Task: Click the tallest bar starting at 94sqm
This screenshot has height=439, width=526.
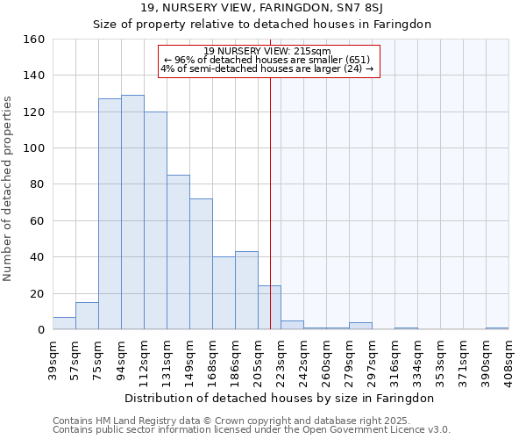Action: (132, 212)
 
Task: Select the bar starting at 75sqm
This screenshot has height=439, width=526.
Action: (110, 214)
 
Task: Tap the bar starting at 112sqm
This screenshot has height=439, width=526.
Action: (155, 220)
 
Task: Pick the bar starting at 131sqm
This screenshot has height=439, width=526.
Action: (178, 252)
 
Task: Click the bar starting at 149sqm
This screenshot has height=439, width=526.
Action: (201, 264)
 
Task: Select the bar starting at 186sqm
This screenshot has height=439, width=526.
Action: (246, 291)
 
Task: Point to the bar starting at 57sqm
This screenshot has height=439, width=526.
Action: (87, 316)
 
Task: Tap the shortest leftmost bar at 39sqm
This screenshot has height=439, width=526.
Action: (64, 323)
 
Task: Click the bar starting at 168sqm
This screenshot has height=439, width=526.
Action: (224, 293)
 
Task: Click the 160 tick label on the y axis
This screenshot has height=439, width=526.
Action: (34, 40)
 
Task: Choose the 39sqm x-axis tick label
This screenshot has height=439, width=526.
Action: (53, 356)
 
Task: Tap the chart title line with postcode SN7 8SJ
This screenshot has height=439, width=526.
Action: (262, 8)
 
